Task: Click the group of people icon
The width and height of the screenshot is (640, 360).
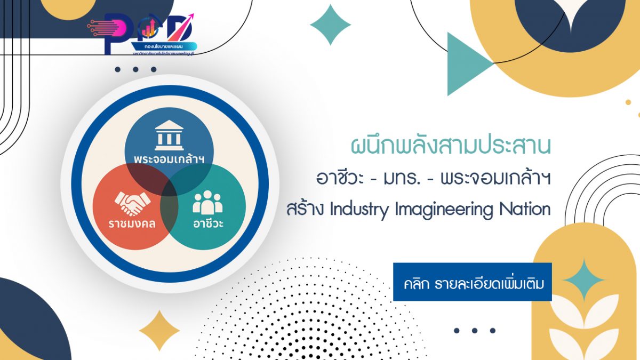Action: coord(207,202)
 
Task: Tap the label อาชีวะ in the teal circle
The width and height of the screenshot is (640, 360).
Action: coord(208,223)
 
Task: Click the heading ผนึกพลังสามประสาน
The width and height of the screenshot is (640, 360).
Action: coord(451,146)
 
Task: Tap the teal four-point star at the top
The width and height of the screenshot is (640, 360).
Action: coord(330,25)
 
